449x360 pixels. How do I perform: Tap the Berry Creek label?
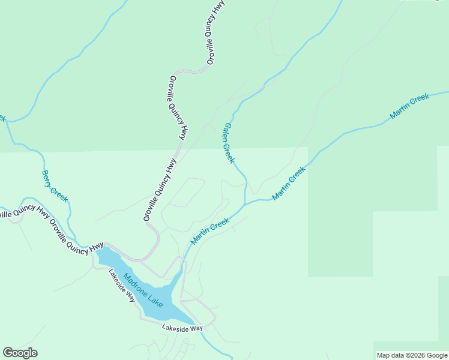coord(55,186)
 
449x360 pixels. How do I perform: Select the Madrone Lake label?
coord(143,291)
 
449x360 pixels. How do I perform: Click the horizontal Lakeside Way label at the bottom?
coord(182,328)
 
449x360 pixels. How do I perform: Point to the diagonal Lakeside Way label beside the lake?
coord(121,285)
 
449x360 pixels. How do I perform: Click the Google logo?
coord(20,353)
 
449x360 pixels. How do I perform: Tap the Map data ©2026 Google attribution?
coord(412,355)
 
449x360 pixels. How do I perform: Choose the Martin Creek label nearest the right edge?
coord(409,106)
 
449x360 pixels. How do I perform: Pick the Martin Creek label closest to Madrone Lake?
coord(210,231)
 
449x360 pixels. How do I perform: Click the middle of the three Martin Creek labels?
coord(289,183)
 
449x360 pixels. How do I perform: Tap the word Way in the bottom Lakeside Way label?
coord(196,328)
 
